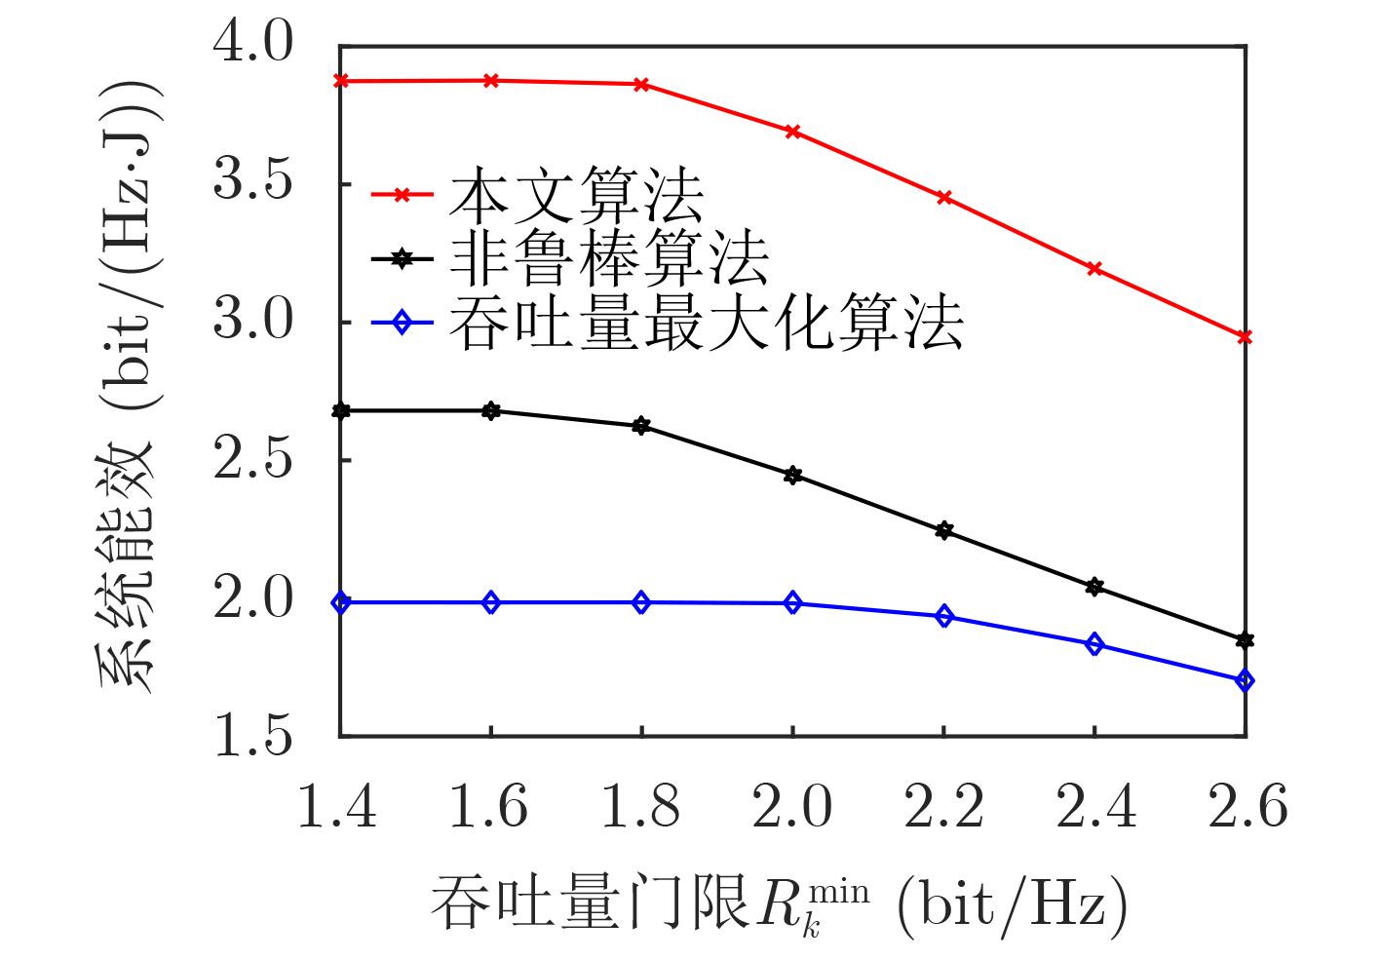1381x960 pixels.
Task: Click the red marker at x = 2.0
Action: (792, 132)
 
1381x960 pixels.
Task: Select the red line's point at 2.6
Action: (1245, 337)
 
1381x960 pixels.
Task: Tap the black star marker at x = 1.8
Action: (641, 426)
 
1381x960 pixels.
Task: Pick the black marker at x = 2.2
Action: (943, 531)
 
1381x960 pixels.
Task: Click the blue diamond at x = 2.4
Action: (1094, 644)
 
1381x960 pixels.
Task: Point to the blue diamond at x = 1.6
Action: (491, 603)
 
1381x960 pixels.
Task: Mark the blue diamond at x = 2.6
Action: (1245, 681)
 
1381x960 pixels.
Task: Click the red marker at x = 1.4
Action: (341, 81)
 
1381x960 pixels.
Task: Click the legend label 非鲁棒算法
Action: (609, 258)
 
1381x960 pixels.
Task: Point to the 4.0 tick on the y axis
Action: (252, 44)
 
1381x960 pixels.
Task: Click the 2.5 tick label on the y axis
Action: (252, 459)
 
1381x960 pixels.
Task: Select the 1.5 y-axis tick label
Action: (252, 736)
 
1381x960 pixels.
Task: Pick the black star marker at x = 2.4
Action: (1094, 587)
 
